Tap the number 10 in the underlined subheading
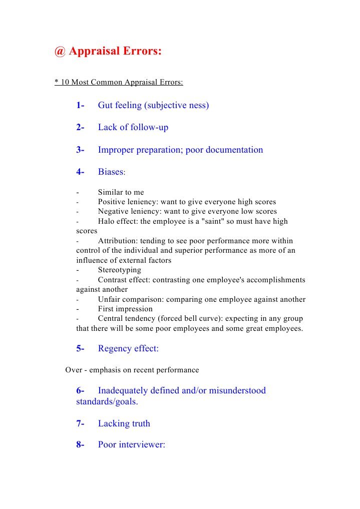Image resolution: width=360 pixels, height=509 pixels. pos(65,82)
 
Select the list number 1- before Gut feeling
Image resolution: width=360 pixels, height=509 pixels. pos(80,106)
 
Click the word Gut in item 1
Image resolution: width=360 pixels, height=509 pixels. pos(106,106)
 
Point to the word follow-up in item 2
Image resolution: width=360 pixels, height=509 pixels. pos(149,128)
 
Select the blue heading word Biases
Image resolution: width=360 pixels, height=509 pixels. pos(110,172)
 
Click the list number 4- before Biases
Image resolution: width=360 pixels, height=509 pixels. pos(80,172)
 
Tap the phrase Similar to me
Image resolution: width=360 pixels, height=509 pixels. pos(121,192)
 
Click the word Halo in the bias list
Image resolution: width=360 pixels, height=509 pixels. pos(107,221)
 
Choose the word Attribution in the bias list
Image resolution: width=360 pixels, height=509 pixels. pos(118,241)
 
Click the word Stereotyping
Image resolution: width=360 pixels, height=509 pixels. pos(119,270)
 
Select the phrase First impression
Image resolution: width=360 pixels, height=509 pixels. pos(125,309)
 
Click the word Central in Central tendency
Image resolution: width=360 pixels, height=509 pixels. pos(111,319)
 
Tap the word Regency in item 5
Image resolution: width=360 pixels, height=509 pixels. pos(115,349)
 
